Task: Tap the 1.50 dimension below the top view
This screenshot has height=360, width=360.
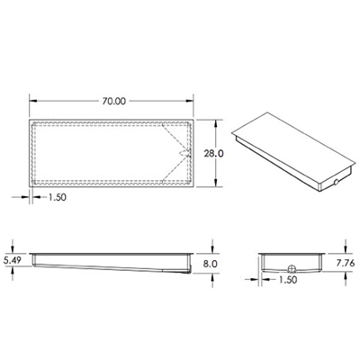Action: [55, 196]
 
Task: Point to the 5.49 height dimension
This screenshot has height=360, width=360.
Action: [13, 260]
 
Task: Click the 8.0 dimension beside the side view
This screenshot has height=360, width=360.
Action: [211, 264]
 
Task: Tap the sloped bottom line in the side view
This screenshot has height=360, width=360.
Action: [108, 266]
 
